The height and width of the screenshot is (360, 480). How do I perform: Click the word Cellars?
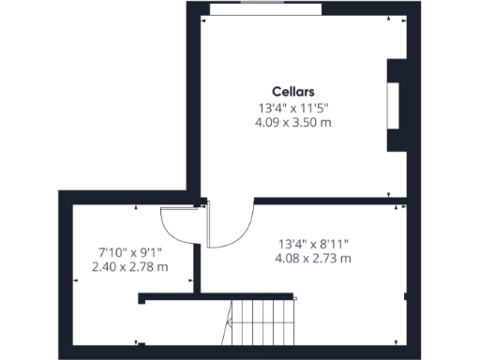[x=293, y=92]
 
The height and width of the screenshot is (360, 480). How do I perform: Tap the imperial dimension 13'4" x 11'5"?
[x=293, y=107]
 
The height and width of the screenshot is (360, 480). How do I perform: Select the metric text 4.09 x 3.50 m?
[x=293, y=122]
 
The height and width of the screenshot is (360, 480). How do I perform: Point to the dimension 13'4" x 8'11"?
[x=312, y=243]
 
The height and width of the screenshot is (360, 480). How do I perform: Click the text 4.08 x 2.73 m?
[x=312, y=258]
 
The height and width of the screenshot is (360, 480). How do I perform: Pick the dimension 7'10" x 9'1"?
[x=130, y=251]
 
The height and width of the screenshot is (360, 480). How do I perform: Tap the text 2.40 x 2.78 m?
[x=130, y=266]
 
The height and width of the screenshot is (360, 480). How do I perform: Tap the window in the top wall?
[x=266, y=8]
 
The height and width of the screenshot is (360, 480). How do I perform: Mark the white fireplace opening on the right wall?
[x=394, y=104]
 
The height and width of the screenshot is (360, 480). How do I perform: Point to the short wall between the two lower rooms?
[x=197, y=272]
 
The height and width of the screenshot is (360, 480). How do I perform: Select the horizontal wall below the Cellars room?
[x=328, y=200]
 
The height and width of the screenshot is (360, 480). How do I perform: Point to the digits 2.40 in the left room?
[x=104, y=266]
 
